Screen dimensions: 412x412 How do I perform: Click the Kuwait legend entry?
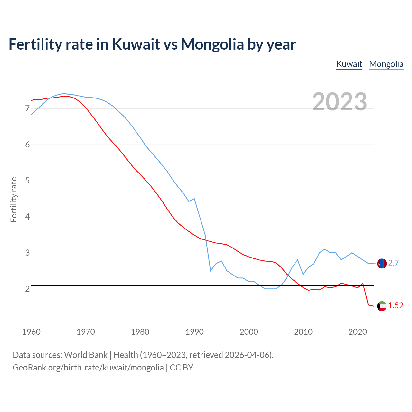pos(349,64)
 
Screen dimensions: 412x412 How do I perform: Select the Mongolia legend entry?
pos(386,64)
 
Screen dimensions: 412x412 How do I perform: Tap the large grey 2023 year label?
pos(340,102)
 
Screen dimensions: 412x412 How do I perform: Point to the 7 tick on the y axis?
pos(27,109)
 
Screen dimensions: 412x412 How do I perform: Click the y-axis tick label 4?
pos(27,217)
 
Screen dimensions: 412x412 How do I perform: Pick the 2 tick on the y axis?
pos(27,289)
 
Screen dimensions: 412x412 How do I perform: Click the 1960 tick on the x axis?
pos(31,332)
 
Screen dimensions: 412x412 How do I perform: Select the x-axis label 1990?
pos(194,332)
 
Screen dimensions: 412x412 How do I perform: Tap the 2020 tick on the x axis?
pos(358,332)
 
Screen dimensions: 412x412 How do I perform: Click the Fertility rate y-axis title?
pos(14,200)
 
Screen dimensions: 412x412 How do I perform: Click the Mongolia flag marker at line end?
pos(382,263)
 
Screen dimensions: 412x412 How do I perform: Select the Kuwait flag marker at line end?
pos(382,306)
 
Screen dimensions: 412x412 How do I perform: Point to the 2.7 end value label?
pos(393,263)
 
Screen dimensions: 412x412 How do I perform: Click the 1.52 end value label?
pos(396,306)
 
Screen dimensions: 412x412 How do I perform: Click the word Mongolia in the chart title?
pos(212,44)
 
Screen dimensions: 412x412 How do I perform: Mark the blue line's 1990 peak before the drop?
pos(194,199)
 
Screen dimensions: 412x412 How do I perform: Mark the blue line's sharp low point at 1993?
pos(211,271)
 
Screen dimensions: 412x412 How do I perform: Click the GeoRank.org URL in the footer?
pos(88,368)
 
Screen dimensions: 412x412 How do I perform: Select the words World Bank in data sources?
pos(86,355)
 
